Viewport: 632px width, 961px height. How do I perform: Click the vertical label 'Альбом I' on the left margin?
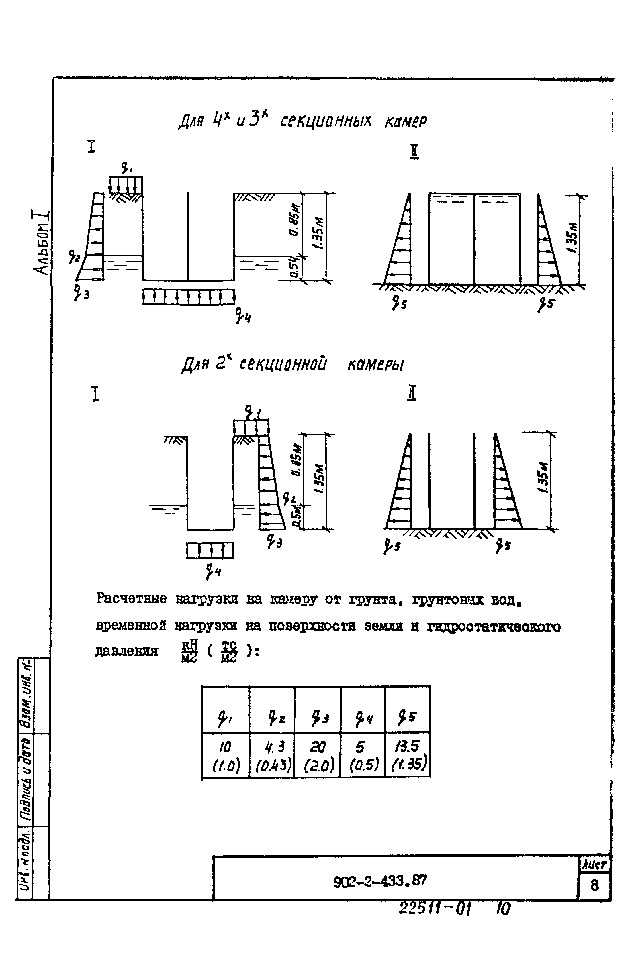click(42, 242)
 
